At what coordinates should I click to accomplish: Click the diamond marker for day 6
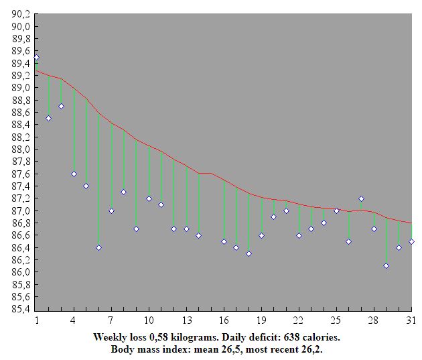(98, 247)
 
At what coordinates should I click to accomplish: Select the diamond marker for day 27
(362, 198)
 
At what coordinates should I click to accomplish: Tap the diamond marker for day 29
(386, 265)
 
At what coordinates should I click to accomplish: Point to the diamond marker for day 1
(36, 57)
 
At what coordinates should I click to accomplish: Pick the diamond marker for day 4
(74, 174)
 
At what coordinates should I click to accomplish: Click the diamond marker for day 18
(249, 253)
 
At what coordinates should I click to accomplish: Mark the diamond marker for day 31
(412, 241)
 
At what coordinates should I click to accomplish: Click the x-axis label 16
(224, 320)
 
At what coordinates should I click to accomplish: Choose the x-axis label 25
(336, 320)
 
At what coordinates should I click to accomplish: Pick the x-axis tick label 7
(111, 320)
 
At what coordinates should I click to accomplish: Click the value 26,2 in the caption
(313, 349)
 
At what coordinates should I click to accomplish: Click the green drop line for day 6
(98, 181)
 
